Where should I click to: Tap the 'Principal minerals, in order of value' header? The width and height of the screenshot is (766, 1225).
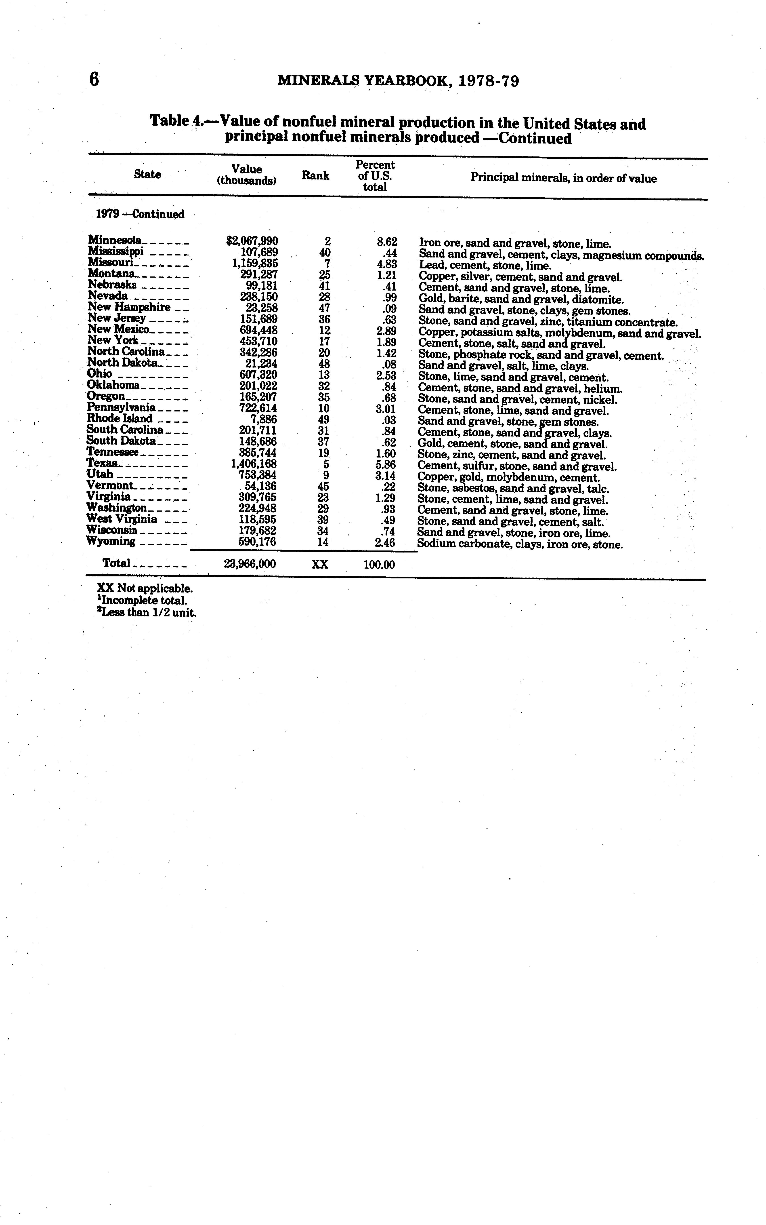point(563,178)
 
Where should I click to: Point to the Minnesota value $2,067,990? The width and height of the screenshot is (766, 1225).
point(252,241)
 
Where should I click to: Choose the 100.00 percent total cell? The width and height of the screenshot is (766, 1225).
point(379,564)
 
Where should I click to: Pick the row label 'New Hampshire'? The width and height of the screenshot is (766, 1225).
point(129,307)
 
